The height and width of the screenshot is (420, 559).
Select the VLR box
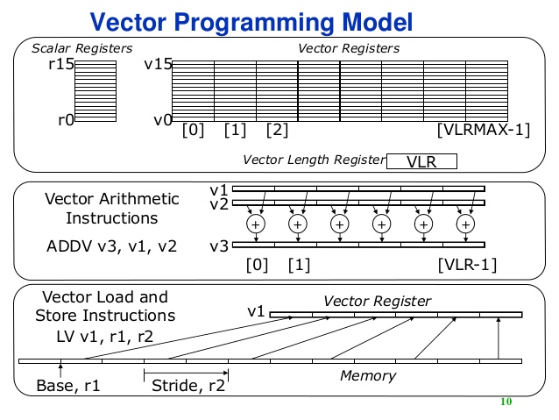421,161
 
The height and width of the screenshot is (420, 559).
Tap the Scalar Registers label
82,47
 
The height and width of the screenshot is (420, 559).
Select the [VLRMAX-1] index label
484,131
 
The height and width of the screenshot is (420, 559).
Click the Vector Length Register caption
313,160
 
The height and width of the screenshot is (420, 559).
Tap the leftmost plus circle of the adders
256,225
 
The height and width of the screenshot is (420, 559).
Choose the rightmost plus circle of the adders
465,225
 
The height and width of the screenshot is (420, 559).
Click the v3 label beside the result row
220,246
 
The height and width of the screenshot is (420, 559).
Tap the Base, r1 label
68,386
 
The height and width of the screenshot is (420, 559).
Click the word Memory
367,376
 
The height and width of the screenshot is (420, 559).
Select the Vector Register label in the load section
377,301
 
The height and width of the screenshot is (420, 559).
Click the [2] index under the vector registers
277,131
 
